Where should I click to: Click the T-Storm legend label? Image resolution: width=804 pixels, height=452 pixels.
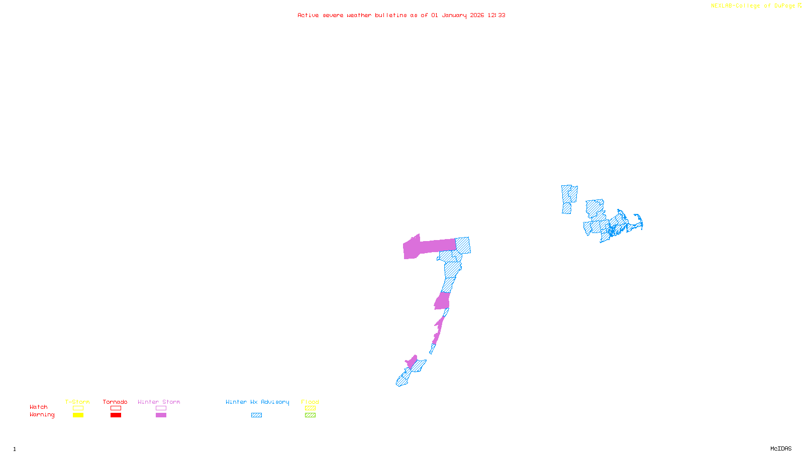tap(77, 402)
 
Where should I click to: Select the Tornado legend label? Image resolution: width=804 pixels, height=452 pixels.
tap(115, 402)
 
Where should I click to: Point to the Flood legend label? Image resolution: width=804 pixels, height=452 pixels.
tap(310, 402)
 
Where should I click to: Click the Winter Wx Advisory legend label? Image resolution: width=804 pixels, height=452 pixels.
tap(257, 402)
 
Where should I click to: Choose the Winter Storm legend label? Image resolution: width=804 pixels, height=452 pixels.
tap(159, 402)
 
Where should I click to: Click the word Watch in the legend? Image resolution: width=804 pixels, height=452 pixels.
tap(39, 407)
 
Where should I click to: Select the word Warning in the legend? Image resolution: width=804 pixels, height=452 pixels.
tap(42, 415)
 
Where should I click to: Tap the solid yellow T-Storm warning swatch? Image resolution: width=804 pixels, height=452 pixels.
tap(78, 415)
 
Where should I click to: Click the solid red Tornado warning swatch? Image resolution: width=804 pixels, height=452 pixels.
tap(116, 415)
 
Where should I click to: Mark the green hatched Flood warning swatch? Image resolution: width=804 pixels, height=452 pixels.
tap(310, 415)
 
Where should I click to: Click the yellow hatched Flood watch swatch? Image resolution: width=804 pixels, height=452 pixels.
tap(310, 408)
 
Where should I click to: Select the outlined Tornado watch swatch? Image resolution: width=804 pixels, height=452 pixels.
tap(116, 408)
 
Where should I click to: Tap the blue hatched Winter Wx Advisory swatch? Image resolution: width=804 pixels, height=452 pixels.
tap(256, 415)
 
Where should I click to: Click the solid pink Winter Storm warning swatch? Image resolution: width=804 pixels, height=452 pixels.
tap(161, 415)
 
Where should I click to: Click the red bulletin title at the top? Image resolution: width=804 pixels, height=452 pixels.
tap(401, 15)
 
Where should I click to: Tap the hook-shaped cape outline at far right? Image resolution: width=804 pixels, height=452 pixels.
tap(639, 221)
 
